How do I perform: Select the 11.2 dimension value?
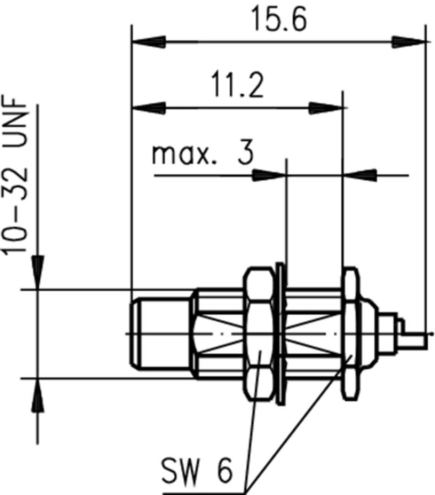[x=237, y=86]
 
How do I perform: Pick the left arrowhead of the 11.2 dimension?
[x=149, y=108]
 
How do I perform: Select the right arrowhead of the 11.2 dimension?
[x=326, y=108]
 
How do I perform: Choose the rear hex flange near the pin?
[x=351, y=334]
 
